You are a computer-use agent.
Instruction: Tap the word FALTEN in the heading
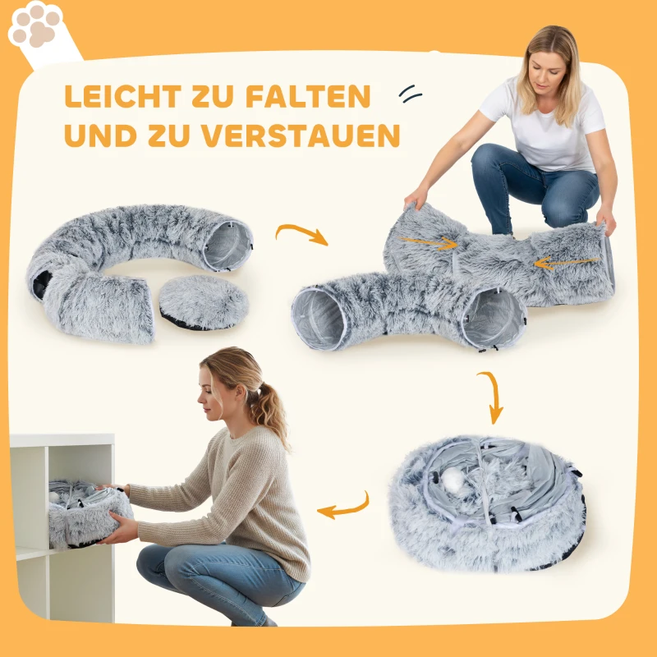pyautogui.click(x=308, y=97)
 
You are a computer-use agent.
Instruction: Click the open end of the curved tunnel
pyautogui.click(x=225, y=246)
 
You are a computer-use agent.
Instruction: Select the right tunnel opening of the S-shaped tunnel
pyautogui.click(x=492, y=317)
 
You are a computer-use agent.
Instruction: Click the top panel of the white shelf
pyautogui.click(x=62, y=440)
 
